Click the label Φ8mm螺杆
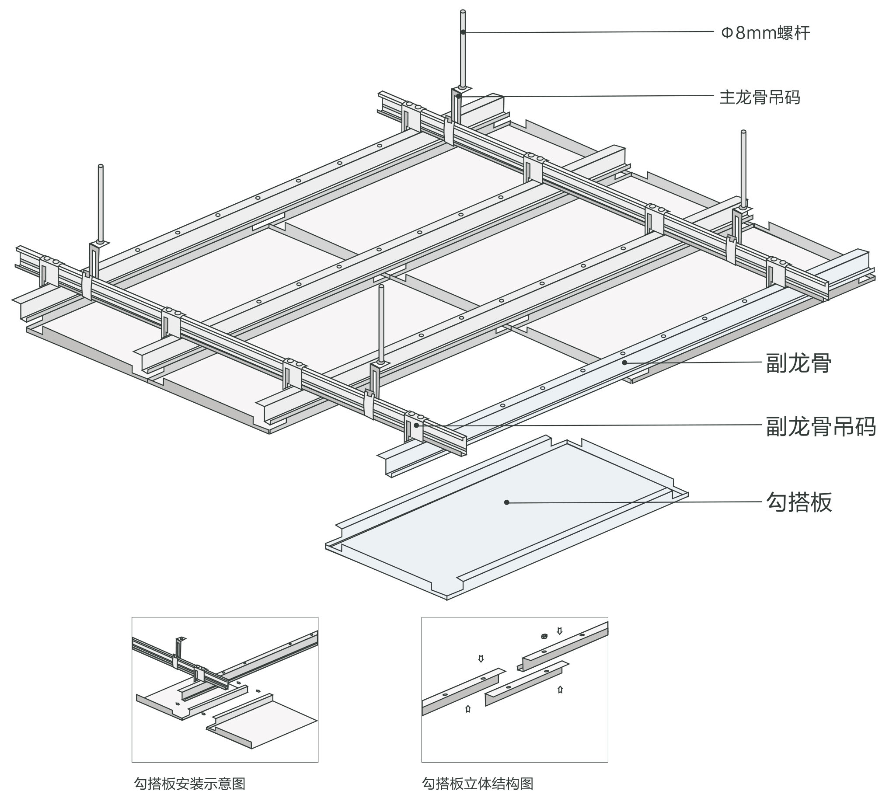[x=765, y=33]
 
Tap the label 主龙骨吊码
[x=759, y=98]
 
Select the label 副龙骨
[x=798, y=363]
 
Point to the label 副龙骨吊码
[x=820, y=427]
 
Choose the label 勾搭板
[x=798, y=502]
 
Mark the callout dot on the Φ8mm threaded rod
[x=463, y=32]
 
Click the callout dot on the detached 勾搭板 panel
[x=506, y=502]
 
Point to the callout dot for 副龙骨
[x=624, y=362]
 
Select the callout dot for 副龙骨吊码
[x=416, y=425]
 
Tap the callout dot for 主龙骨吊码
[x=459, y=95]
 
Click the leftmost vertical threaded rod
[x=101, y=203]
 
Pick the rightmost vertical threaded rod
[x=743, y=168]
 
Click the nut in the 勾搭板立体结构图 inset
[x=544, y=637]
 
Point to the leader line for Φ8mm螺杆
[x=588, y=32]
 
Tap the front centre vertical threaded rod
[x=381, y=323]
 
